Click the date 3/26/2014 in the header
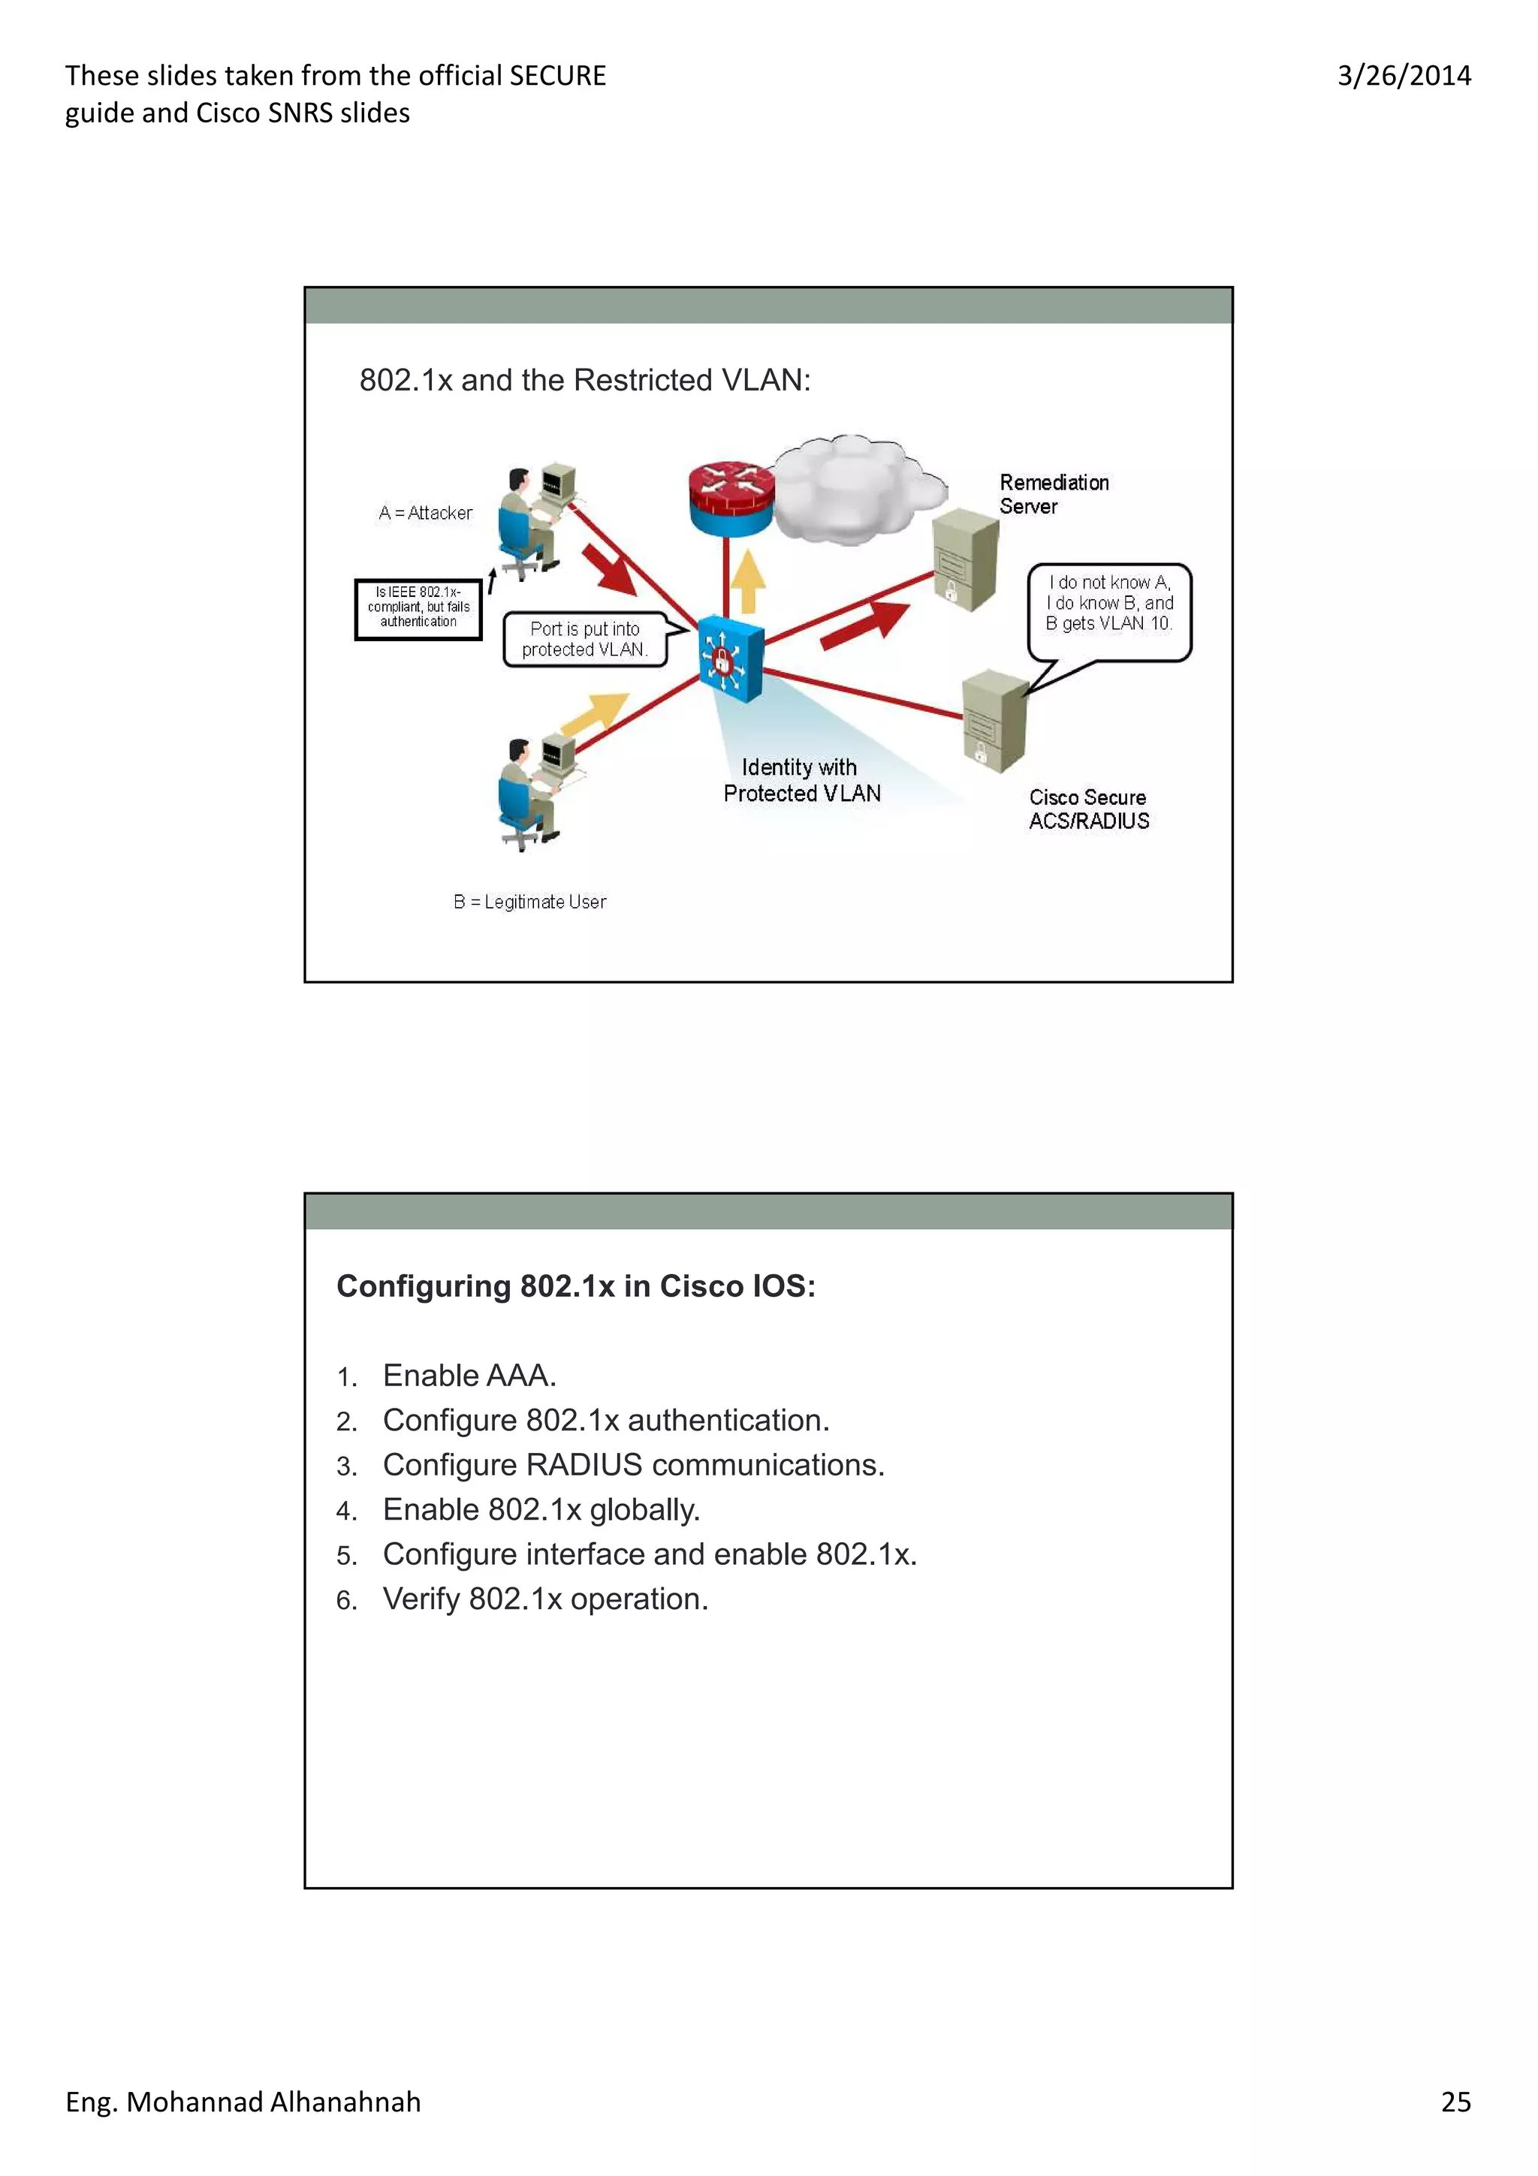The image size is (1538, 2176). (x=1403, y=76)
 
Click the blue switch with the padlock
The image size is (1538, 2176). (x=730, y=658)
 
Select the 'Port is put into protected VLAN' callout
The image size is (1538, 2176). (x=585, y=640)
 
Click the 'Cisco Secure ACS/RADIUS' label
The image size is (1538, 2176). (x=1088, y=809)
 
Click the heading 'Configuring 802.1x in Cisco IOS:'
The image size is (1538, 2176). (x=575, y=1286)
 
